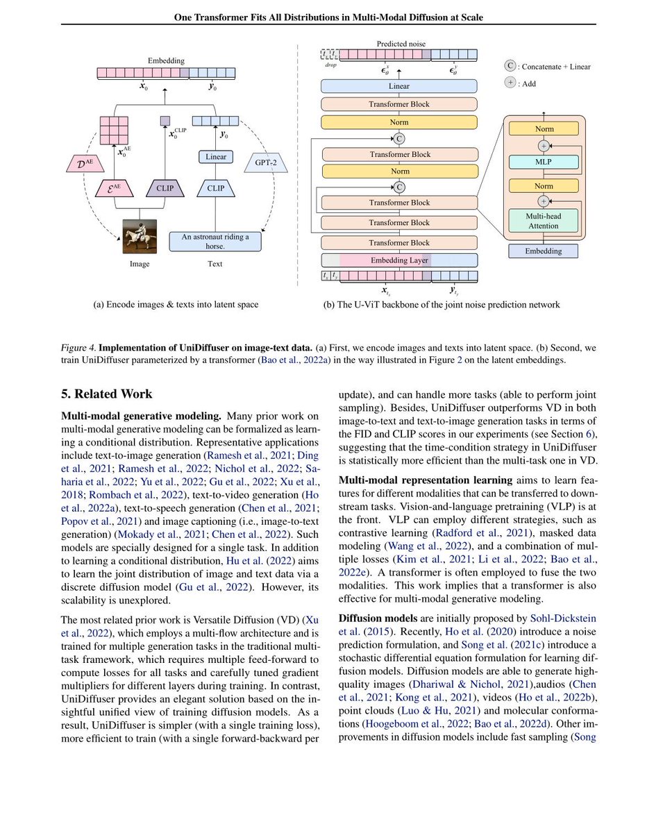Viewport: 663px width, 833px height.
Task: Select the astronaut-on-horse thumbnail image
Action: (x=140, y=236)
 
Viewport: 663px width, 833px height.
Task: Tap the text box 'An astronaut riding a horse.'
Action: (x=215, y=241)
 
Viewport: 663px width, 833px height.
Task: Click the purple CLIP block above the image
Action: (x=165, y=187)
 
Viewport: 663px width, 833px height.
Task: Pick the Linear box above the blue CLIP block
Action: (x=215, y=157)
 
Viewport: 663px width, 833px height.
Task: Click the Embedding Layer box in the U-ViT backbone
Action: (x=399, y=260)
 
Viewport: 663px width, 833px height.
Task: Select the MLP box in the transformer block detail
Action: (x=544, y=161)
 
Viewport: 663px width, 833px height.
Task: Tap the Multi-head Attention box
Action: (x=544, y=221)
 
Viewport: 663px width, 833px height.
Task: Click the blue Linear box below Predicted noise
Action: (x=399, y=86)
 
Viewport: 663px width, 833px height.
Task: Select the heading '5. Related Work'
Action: (x=106, y=394)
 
